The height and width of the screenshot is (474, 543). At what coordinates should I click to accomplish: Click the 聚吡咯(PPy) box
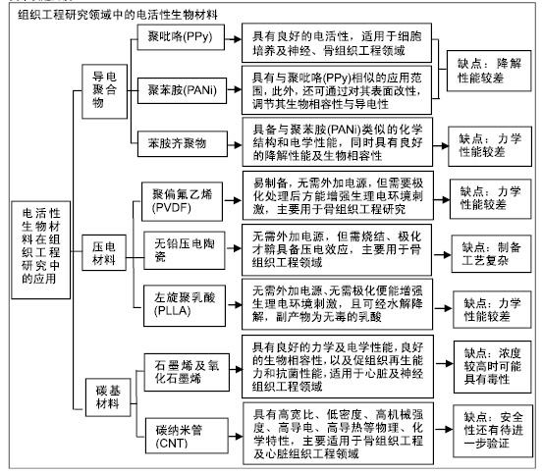click(x=181, y=37)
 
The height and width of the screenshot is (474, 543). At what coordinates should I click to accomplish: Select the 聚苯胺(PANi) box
click(x=183, y=90)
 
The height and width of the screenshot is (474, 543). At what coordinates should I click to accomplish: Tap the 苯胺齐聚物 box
click(x=183, y=143)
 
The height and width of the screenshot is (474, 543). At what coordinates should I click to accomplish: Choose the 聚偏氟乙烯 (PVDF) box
click(x=183, y=201)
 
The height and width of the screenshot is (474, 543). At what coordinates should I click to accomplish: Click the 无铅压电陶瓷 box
click(x=185, y=250)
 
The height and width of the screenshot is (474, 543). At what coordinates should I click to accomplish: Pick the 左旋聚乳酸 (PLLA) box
click(x=185, y=305)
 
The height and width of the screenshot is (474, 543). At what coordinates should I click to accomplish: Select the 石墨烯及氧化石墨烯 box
click(x=187, y=372)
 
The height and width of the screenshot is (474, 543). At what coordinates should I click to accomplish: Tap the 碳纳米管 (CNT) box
click(x=187, y=436)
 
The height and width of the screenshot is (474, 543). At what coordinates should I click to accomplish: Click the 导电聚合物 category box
click(x=105, y=91)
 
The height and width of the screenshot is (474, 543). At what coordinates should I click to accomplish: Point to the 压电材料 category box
click(x=104, y=252)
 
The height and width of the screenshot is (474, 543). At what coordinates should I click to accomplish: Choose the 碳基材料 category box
click(x=108, y=397)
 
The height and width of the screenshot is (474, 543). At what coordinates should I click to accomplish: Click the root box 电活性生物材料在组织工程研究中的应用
click(x=41, y=250)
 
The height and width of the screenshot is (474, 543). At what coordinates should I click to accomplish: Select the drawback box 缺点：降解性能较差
click(x=489, y=71)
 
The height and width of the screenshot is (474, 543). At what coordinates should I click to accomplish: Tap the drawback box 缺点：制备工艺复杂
click(x=491, y=254)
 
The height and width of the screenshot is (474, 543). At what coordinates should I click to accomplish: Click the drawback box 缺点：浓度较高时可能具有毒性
click(x=493, y=367)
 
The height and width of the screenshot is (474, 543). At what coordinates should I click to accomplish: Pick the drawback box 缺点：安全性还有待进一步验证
click(x=493, y=431)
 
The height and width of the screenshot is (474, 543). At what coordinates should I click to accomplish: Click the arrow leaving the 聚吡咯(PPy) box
click(x=233, y=39)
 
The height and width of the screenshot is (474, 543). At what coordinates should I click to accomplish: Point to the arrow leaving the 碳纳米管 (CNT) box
click(x=236, y=437)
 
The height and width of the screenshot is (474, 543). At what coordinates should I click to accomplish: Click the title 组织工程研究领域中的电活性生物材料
click(x=118, y=15)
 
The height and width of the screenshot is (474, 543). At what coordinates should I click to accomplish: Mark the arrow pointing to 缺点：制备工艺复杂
click(x=443, y=255)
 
